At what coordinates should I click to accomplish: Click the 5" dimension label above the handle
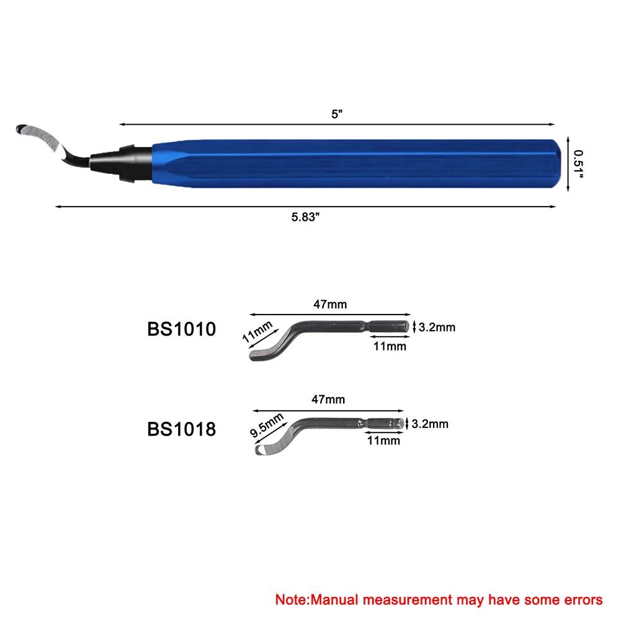coord(337,114)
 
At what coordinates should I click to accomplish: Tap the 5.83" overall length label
coord(305,217)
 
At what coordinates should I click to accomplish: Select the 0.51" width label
coord(578,164)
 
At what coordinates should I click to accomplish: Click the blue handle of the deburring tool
coord(357,164)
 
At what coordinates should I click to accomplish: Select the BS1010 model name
coord(181,329)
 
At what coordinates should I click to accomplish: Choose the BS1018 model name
coord(181,429)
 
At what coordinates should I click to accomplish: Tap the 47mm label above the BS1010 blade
coord(330,304)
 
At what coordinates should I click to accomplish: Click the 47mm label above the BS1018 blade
coord(328,400)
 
